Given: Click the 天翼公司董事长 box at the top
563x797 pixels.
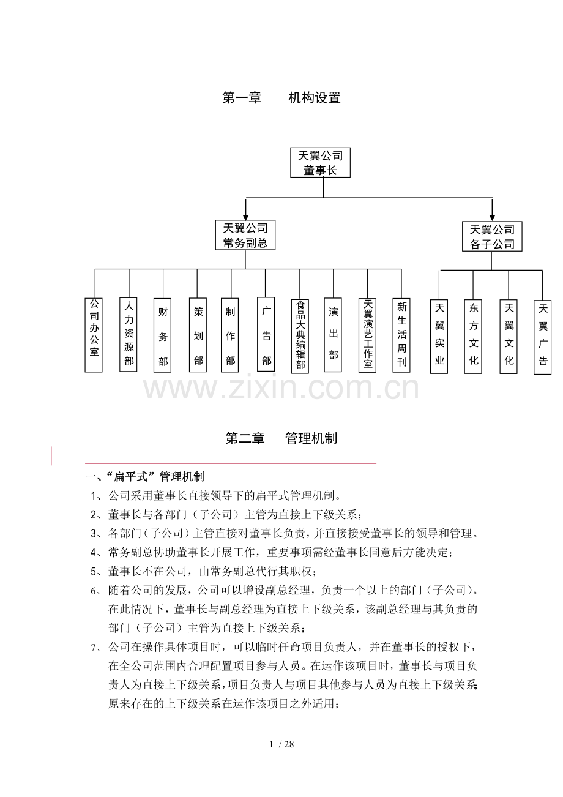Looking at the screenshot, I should [x=320, y=162].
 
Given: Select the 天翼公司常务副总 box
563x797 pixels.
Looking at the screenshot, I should [x=245, y=235].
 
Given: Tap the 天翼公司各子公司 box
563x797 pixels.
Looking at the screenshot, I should [x=491, y=237].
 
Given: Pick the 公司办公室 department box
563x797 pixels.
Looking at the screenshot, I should [x=94, y=335].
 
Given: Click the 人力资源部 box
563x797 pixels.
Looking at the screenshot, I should [x=129, y=335].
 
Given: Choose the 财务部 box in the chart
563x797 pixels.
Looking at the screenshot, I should [x=163, y=335].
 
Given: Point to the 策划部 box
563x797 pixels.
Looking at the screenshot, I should [x=198, y=335].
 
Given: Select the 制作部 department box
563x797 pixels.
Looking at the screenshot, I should [x=231, y=335].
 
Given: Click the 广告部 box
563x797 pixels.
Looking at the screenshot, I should [x=266, y=335].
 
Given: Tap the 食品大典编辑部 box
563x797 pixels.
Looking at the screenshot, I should [x=300, y=335].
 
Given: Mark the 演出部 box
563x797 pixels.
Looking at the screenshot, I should [x=334, y=335].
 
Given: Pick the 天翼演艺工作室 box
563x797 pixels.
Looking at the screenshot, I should [x=367, y=335].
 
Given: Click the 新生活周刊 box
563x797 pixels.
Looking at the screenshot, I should [x=401, y=335].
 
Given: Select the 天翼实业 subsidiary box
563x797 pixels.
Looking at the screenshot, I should [x=439, y=337].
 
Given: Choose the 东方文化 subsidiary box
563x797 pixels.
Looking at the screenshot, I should [x=473, y=337].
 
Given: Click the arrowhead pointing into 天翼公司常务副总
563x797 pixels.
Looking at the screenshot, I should [x=245, y=216].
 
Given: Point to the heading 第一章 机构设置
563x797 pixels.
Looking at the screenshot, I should [x=281, y=97].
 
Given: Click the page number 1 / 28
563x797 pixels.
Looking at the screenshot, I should [x=281, y=744].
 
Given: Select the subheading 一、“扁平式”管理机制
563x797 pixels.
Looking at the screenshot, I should [x=145, y=477].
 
